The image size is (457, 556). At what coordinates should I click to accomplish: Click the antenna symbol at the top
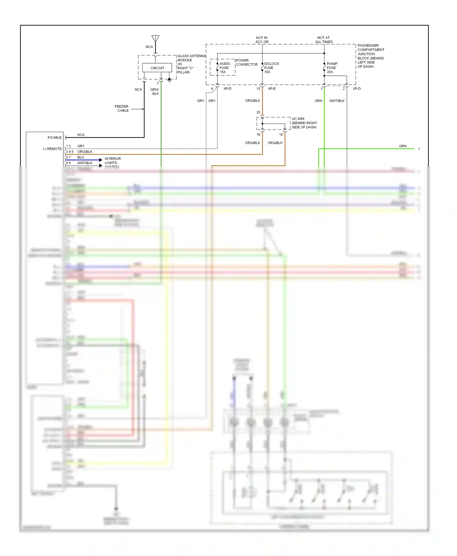tap(155, 39)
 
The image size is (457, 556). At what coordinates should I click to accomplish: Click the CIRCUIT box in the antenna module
tap(157, 68)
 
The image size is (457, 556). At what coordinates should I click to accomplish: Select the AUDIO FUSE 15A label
tap(225, 68)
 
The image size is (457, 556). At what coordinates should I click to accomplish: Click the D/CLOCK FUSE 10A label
tap(271, 68)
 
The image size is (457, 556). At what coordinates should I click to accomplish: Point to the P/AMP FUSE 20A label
tap(332, 68)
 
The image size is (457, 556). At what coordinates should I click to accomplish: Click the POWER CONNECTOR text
tap(246, 62)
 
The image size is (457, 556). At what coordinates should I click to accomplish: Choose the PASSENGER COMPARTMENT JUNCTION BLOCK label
tap(370, 56)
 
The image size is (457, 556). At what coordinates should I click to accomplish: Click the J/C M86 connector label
tap(304, 123)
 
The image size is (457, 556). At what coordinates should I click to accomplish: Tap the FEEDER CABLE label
tap(122, 109)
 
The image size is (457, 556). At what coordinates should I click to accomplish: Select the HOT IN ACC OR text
tap(262, 40)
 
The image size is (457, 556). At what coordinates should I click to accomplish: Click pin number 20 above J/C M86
tap(258, 112)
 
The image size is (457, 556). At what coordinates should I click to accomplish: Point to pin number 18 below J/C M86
tap(281, 134)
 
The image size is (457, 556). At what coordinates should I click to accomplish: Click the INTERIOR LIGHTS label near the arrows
tap(112, 161)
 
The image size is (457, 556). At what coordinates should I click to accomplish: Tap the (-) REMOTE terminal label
tap(52, 149)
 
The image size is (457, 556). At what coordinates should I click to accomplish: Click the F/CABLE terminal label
tap(55, 137)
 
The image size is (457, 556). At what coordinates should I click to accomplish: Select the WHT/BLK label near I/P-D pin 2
tap(337, 101)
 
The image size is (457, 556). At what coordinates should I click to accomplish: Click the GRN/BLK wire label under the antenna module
tap(155, 92)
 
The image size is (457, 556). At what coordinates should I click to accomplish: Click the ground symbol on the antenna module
tap(169, 80)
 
